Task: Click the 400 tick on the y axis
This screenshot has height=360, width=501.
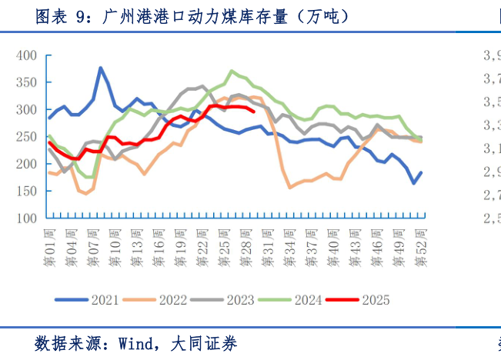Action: click(x=28, y=55)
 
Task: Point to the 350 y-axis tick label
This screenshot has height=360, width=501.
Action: click(x=28, y=82)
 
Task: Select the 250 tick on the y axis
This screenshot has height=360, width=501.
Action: click(x=28, y=137)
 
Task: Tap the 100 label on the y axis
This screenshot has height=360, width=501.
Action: click(x=28, y=218)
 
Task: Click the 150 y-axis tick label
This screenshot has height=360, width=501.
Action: click(x=28, y=192)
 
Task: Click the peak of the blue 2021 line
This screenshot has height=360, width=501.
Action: click(x=101, y=68)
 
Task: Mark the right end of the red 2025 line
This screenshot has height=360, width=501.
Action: click(x=254, y=111)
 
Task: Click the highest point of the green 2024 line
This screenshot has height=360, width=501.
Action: click(x=232, y=71)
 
